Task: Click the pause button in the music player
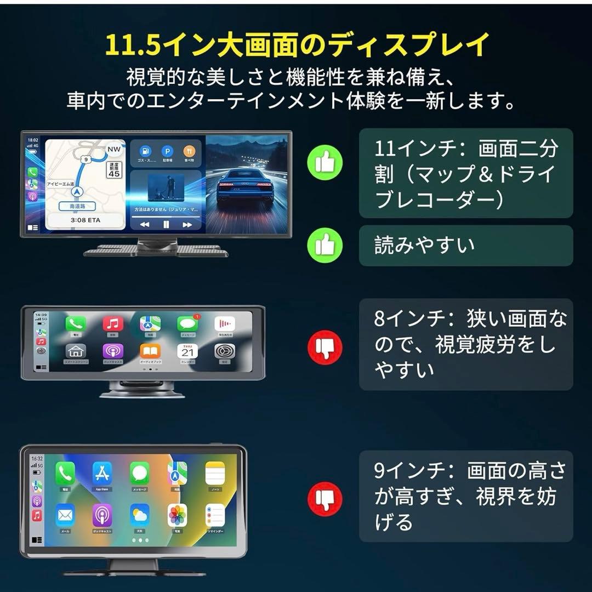tap(166, 225)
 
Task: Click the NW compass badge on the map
tap(114, 149)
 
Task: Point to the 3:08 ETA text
tap(85, 220)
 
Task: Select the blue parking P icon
tap(166, 151)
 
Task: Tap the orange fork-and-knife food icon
tap(189, 151)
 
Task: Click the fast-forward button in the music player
tap(187, 225)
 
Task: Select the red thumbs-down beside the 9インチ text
tap(325, 499)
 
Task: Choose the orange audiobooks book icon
tap(150, 351)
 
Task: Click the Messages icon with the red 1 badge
tap(187, 325)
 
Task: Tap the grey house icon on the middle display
tap(76, 351)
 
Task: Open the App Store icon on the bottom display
tap(103, 473)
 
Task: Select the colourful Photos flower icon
tap(178, 515)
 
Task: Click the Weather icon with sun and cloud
tap(140, 515)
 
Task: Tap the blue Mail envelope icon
tap(65, 515)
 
